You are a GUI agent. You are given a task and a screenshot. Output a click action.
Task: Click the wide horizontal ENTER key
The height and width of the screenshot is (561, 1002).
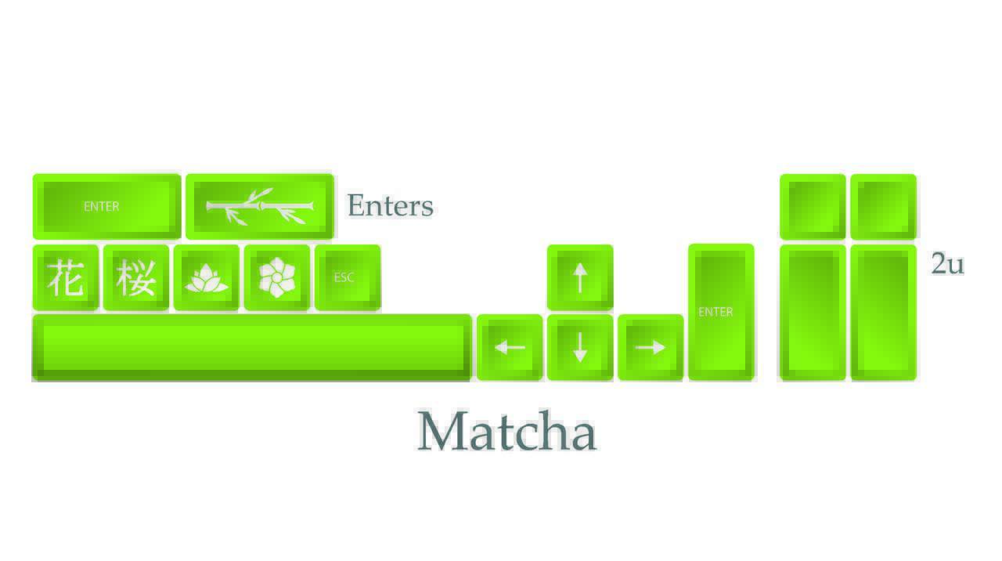pyautogui.click(x=107, y=206)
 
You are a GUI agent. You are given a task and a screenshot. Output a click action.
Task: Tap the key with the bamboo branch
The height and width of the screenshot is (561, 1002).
pyautogui.click(x=260, y=206)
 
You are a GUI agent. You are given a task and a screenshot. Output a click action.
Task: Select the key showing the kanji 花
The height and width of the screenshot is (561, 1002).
pyautogui.click(x=66, y=277)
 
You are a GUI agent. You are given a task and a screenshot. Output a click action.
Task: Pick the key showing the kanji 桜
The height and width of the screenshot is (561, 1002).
pyautogui.click(x=136, y=277)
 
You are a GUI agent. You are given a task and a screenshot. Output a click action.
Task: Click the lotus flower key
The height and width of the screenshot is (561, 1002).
pyautogui.click(x=207, y=277)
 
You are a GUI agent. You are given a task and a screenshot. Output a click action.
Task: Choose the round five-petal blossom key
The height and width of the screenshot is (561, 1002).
pyautogui.click(x=277, y=277)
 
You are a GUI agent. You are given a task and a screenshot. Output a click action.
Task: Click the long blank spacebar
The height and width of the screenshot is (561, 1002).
pyautogui.click(x=251, y=348)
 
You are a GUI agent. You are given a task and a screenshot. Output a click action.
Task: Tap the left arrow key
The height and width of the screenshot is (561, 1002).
pyautogui.click(x=510, y=347)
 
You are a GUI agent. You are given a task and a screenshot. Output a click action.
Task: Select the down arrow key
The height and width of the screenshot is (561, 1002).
pyautogui.click(x=580, y=347)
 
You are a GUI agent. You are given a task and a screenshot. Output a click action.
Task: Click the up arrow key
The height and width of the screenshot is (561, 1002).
pyautogui.click(x=580, y=277)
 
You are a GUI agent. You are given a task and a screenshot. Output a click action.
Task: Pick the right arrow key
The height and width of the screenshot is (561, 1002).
pyautogui.click(x=651, y=347)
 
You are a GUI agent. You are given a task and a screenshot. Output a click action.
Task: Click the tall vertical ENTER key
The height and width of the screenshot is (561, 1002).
pyautogui.click(x=721, y=312)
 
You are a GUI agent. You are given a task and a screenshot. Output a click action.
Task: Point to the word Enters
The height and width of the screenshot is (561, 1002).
pyautogui.click(x=391, y=205)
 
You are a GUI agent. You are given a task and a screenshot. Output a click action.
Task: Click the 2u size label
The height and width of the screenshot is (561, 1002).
pyautogui.click(x=948, y=263)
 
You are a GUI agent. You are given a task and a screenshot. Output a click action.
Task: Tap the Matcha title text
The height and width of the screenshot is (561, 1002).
pyautogui.click(x=506, y=430)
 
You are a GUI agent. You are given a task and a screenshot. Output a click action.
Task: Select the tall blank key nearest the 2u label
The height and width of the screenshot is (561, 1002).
pyautogui.click(x=884, y=313)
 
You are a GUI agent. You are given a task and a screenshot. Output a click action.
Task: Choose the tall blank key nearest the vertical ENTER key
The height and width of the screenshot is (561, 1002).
pyautogui.click(x=813, y=313)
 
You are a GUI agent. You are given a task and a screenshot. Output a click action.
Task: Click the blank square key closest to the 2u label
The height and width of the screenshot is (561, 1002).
pyautogui.click(x=884, y=206)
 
